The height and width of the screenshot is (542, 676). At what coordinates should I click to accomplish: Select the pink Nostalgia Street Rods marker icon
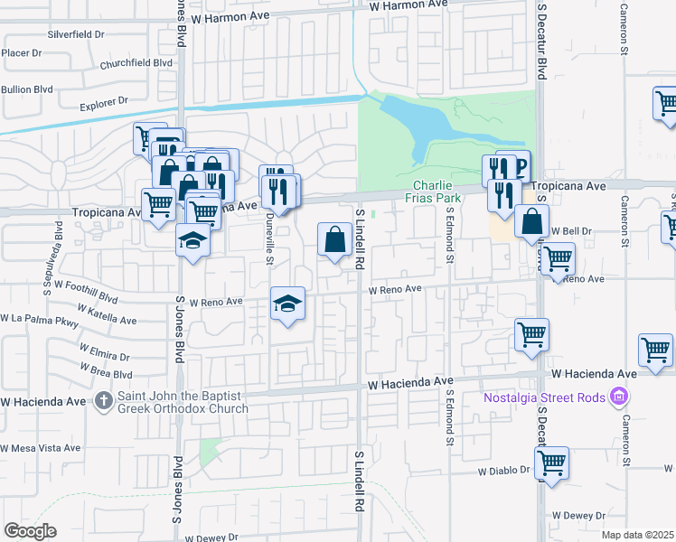click(x=618, y=396)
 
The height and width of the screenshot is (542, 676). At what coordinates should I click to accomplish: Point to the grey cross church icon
click(x=104, y=400)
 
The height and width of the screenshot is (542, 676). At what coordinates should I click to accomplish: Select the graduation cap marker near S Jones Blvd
click(x=192, y=240)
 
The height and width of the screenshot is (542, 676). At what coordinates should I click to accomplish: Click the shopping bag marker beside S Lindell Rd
click(x=334, y=240)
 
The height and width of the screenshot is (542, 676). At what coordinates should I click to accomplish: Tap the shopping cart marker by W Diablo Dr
click(x=551, y=463)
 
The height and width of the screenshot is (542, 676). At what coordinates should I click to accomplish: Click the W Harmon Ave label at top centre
click(x=408, y=5)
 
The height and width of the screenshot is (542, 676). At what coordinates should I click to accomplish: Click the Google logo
click(x=30, y=531)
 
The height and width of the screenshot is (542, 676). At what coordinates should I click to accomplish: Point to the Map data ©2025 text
click(x=637, y=535)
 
